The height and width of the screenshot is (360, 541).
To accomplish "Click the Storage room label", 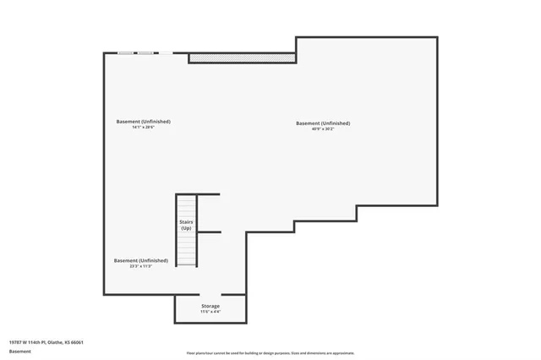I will [x=210, y=306].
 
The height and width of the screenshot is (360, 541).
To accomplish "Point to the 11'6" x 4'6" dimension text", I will [x=210, y=313].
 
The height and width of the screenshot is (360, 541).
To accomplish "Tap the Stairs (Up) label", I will [x=186, y=225].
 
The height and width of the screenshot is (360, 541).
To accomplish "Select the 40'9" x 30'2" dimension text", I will [x=323, y=128].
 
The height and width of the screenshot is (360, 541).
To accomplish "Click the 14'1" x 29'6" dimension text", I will [x=143, y=128].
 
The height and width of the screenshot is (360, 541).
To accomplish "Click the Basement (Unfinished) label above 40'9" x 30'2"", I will [x=323, y=123].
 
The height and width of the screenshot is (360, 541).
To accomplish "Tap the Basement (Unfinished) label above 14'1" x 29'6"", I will [x=143, y=122].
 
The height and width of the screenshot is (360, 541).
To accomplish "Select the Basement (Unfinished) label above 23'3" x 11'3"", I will [x=140, y=260].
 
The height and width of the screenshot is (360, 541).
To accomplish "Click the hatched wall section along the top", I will [x=242, y=57].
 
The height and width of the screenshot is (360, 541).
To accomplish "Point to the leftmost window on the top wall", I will [x=126, y=53].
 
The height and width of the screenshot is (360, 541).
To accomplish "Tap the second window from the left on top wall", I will [x=145, y=53].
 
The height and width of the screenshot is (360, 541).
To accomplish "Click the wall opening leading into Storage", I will [x=210, y=294].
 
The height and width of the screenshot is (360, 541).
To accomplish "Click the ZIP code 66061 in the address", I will [x=77, y=341].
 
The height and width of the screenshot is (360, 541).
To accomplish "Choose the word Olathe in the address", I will [x=54, y=341].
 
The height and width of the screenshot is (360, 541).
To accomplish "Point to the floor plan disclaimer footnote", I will [x=270, y=352].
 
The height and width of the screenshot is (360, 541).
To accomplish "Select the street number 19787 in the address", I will [x=15, y=341].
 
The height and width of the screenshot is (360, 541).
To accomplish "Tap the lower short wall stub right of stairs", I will [x=210, y=232].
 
